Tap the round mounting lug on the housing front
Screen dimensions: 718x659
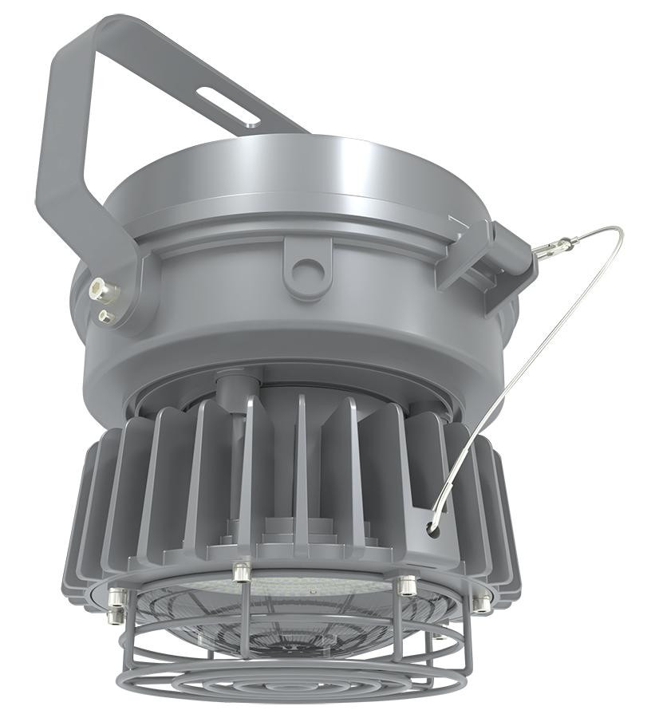tap(305, 269)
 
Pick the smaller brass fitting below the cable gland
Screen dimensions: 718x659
tap(105, 317)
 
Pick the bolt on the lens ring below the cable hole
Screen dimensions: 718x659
tap(406, 585)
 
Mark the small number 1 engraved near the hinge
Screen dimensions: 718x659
tap(455, 217)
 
